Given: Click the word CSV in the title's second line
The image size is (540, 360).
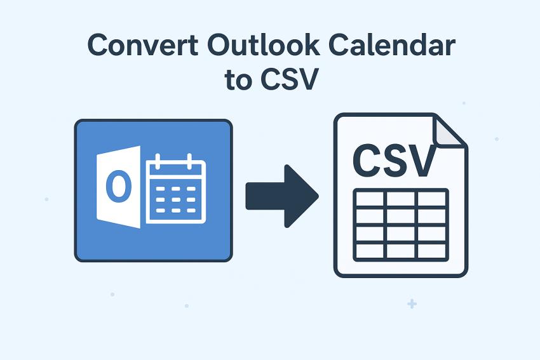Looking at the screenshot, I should tap(289, 81).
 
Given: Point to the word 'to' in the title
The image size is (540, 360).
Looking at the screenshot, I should tap(238, 81).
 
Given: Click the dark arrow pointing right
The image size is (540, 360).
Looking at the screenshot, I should tap(282, 196).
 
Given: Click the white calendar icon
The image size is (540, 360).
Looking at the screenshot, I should tap(176, 190).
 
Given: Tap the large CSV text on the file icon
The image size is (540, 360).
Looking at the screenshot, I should tap(395, 161).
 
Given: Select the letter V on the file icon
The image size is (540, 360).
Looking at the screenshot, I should tap(422, 161).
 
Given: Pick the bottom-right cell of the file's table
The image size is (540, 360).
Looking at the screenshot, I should tap(432, 250).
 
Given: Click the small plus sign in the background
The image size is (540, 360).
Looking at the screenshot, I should tap(412, 304).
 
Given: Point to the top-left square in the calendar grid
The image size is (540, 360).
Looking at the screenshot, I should tap(161, 189).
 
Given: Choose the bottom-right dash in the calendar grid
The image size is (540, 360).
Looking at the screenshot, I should tap(191, 210).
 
